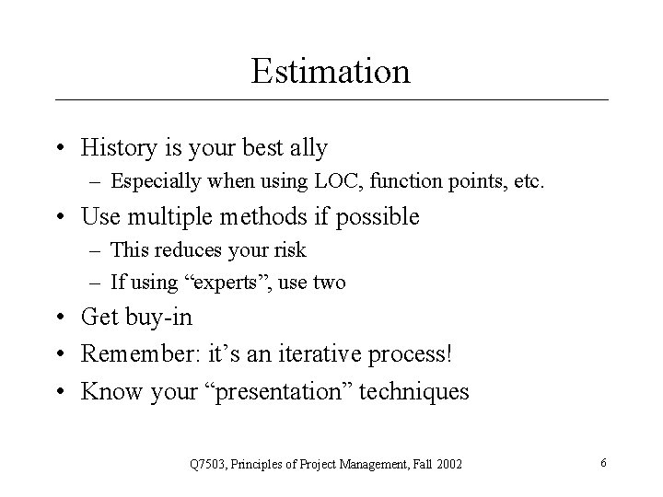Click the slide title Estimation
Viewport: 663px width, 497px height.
pos(331,71)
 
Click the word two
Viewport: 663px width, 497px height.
pos(328,283)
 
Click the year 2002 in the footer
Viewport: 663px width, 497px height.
pos(448,463)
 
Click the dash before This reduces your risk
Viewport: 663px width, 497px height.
pos(97,249)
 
